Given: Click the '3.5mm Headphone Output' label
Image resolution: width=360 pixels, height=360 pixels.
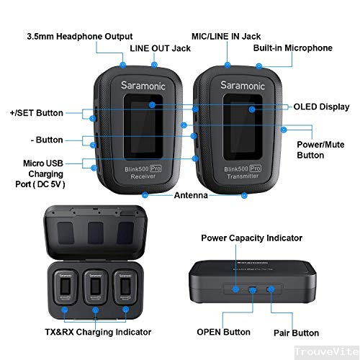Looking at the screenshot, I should pyautogui.click(x=79, y=36).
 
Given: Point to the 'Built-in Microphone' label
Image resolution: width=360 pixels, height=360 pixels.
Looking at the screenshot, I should pyautogui.click(x=292, y=48).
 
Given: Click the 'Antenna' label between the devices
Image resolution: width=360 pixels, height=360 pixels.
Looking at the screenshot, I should pyautogui.click(x=192, y=195).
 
